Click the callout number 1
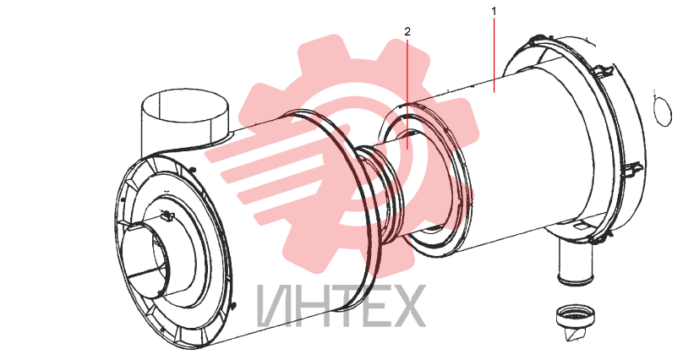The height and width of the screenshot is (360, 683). [x=494, y=11]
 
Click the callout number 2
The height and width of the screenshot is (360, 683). [x=407, y=31]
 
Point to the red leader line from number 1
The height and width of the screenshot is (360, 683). [x=494, y=55]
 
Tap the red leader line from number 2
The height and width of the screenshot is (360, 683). [x=407, y=94]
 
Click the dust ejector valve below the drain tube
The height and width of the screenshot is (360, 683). [x=575, y=322]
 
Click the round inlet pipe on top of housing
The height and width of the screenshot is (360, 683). [x=185, y=118]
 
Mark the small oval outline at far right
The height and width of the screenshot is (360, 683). [x=663, y=112]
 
